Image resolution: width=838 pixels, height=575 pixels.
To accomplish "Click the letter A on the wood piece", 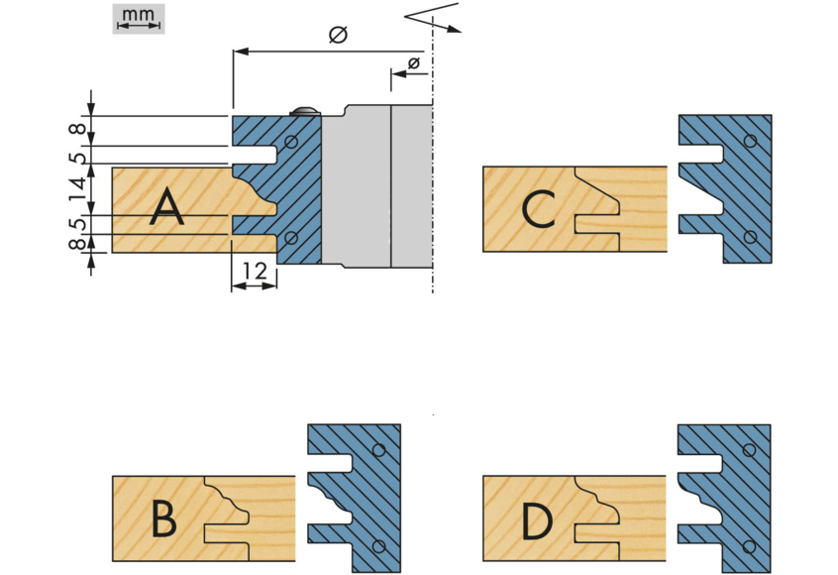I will [x=167, y=209].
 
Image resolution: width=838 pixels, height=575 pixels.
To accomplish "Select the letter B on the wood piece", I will [x=164, y=519].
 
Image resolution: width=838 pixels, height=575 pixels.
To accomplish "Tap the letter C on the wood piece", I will [x=538, y=209].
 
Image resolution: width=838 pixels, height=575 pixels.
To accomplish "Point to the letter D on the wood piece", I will [x=537, y=519].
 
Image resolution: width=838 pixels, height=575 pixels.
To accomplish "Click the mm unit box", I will [x=140, y=18].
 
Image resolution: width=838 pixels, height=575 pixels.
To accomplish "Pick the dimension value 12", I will [x=254, y=269].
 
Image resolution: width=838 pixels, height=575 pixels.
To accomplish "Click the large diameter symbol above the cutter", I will [x=337, y=36].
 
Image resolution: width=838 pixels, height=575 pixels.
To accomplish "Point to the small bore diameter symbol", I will [x=413, y=64].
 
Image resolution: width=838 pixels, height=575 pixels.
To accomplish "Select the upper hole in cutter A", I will [x=291, y=143].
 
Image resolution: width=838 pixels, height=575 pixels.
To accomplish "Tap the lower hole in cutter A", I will [x=291, y=238].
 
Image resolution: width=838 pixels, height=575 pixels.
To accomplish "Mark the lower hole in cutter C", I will [x=751, y=236].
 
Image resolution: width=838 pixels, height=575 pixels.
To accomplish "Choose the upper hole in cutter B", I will [x=379, y=450].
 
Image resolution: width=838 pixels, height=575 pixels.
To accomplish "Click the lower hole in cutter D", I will [x=750, y=544].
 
